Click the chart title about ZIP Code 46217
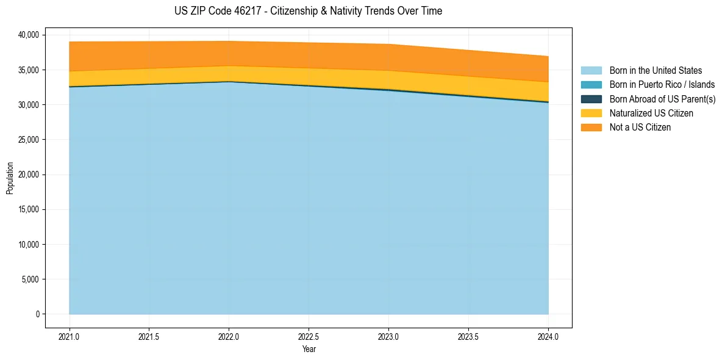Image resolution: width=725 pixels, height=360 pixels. tap(308, 11)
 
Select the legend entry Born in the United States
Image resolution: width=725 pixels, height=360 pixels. tap(655, 71)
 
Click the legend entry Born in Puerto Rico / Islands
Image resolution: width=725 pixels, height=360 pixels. tap(662, 85)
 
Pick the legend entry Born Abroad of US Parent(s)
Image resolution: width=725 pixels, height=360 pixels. tap(662, 99)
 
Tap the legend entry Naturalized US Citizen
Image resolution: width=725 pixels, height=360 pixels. tap(651, 113)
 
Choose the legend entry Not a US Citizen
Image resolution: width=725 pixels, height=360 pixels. tap(640, 128)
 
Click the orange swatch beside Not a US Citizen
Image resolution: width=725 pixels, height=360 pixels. tap(591, 128)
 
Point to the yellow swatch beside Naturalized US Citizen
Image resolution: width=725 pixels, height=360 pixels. tap(591, 113)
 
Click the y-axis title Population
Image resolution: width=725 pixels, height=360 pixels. tap(10, 178)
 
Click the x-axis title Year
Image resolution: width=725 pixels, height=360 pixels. tap(309, 350)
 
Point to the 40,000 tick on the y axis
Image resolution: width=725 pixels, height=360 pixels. tap(28, 35)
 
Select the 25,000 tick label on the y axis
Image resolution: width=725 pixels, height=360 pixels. tap(28, 140)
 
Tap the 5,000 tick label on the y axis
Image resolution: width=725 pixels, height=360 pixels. tap(30, 279)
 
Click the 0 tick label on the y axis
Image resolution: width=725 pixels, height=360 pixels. tap(37, 314)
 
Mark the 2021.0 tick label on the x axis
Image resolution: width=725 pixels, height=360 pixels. tap(70, 336)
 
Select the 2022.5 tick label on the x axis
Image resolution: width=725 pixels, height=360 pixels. tap(309, 336)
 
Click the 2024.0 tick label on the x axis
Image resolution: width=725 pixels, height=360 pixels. tap(548, 336)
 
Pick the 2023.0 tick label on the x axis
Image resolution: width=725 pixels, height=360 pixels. tap(388, 336)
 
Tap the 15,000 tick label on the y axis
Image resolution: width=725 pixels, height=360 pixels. tap(28, 210)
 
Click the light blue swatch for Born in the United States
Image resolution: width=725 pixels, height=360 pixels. tap(591, 71)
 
